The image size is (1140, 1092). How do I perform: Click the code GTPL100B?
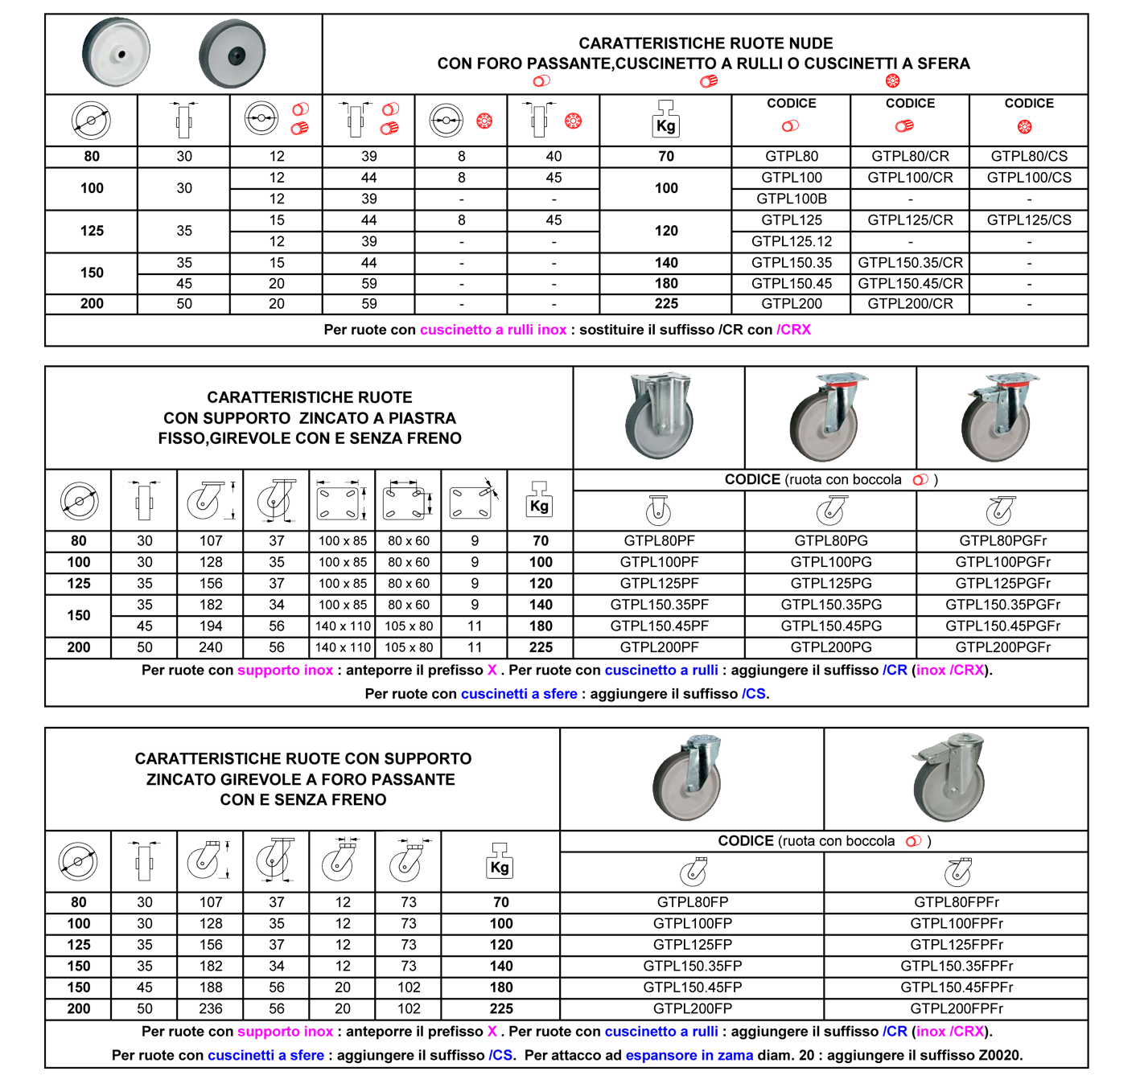coord(791,199)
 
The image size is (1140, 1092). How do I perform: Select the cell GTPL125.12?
coord(791,241)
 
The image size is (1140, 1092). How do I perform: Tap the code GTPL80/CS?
coord(1029,156)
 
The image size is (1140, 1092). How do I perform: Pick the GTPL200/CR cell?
coord(910,304)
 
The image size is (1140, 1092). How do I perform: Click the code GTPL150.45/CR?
coord(910,283)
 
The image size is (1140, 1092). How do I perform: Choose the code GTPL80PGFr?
coord(1002,541)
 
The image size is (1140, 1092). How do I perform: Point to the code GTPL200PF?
coord(659,647)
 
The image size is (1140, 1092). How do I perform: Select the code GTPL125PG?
coord(831,584)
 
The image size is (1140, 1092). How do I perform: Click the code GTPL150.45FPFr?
coord(956,987)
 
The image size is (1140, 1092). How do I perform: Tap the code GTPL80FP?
coord(693,902)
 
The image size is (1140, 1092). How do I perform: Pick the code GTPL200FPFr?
coord(956,1009)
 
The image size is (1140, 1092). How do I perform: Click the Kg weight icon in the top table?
coord(665,120)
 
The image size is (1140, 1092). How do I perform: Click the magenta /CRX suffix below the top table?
coord(793,330)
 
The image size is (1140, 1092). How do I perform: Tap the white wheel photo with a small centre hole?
coord(116,53)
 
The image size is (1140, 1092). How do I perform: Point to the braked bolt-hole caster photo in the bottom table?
coord(949,778)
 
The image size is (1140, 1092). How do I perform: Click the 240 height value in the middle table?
coord(210,647)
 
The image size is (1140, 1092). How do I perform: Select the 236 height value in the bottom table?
coord(210,1009)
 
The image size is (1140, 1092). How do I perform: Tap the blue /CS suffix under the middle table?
coord(753,694)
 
